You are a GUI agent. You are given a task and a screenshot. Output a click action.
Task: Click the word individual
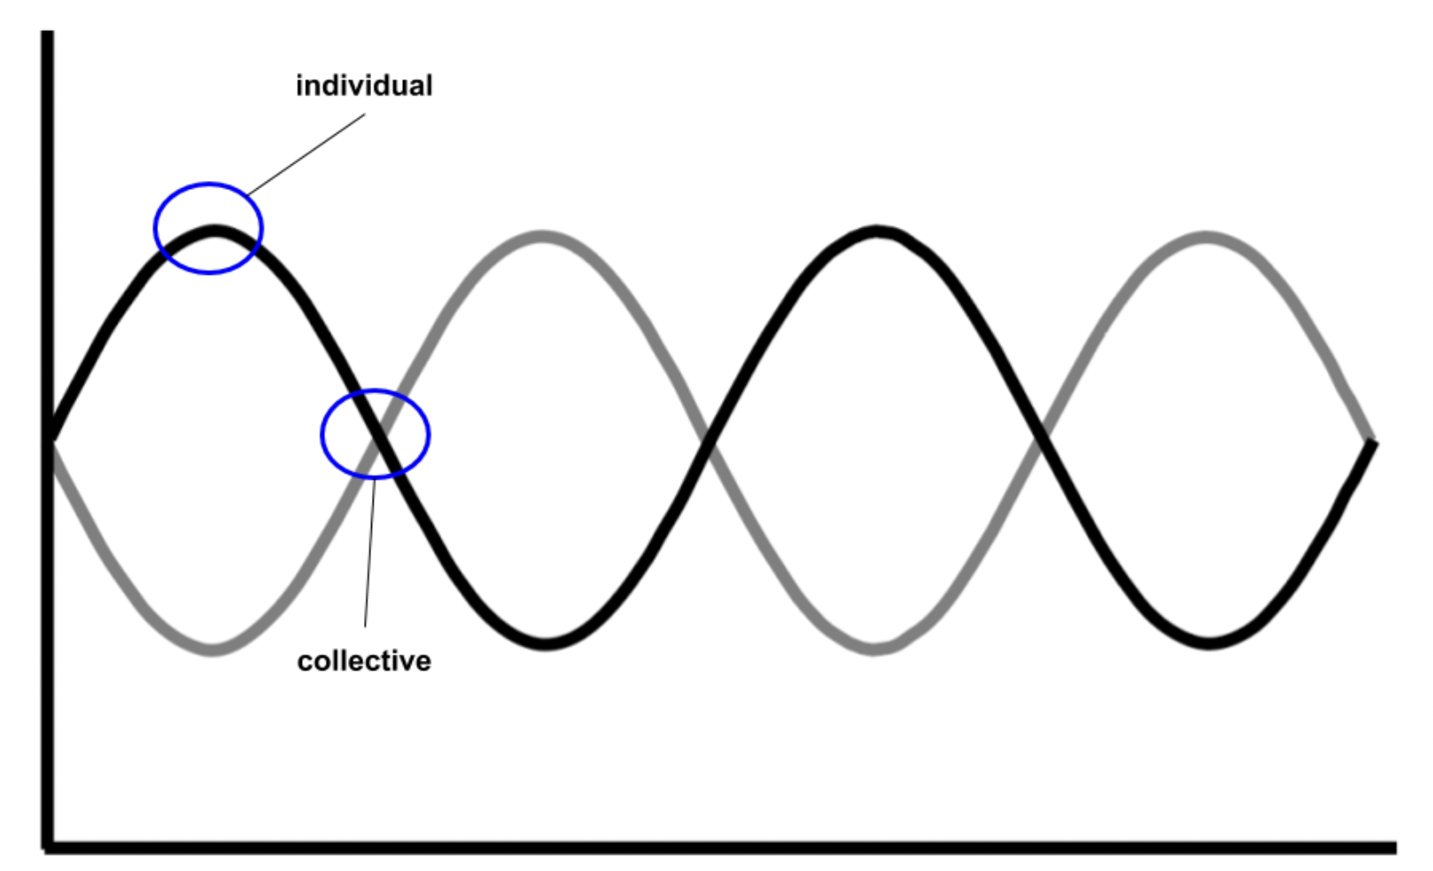[364, 86]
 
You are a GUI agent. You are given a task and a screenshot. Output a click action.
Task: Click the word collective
[364, 661]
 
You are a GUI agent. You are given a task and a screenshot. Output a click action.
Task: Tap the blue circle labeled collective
[322, 435]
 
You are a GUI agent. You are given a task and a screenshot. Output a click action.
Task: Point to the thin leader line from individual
[306, 154]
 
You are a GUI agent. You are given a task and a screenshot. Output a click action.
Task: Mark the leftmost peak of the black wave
[213, 232]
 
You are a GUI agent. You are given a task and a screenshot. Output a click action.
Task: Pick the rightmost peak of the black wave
[876, 232]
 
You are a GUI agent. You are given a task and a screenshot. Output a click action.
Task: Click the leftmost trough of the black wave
[546, 643]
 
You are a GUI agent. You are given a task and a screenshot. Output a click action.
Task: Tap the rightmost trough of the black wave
[1209, 642]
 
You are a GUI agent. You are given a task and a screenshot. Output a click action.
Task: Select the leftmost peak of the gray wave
[542, 237]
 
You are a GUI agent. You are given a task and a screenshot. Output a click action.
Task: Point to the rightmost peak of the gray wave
[1206, 237]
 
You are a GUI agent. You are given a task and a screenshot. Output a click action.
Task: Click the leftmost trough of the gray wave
[212, 649]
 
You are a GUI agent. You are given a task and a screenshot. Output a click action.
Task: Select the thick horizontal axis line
[707, 847]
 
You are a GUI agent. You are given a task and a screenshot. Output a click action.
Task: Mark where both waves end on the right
[1370, 442]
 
